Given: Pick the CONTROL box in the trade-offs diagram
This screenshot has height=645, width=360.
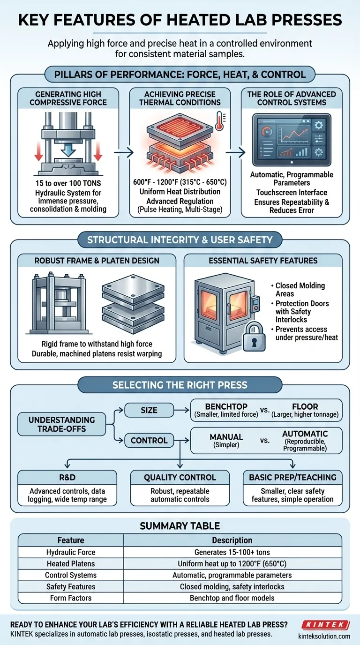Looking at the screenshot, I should coord(149,440).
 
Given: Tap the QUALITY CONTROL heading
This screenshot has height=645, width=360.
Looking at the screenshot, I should coord(180,477).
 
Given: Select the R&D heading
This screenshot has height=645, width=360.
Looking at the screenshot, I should coord(67,477).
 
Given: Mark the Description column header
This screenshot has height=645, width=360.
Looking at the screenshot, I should coord(232,540).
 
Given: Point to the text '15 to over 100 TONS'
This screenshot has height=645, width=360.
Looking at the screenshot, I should coord(68,184).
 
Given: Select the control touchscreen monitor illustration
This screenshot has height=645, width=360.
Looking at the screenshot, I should coord(292,140).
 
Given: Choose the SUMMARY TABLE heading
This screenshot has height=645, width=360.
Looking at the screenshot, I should coord(180,526).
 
